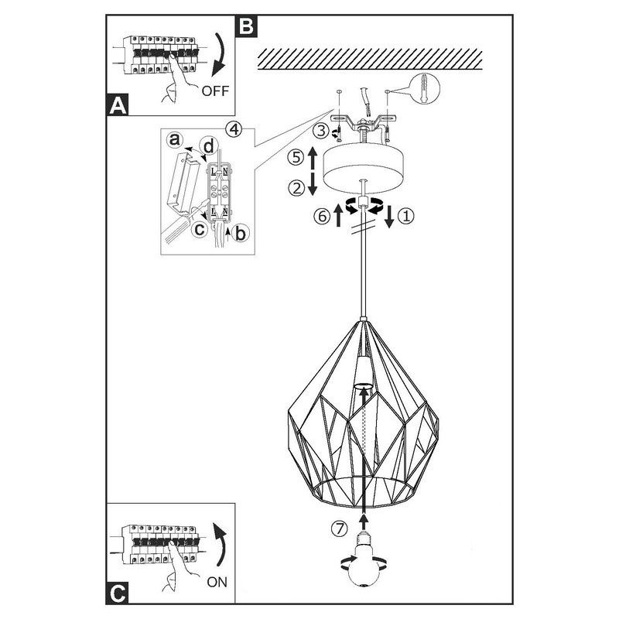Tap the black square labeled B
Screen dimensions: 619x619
245,26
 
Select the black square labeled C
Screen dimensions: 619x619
117,593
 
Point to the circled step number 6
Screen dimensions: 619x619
320,217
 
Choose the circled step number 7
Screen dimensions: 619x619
338,529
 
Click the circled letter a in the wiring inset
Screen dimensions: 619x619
176,141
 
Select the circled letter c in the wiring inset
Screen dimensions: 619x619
200,229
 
